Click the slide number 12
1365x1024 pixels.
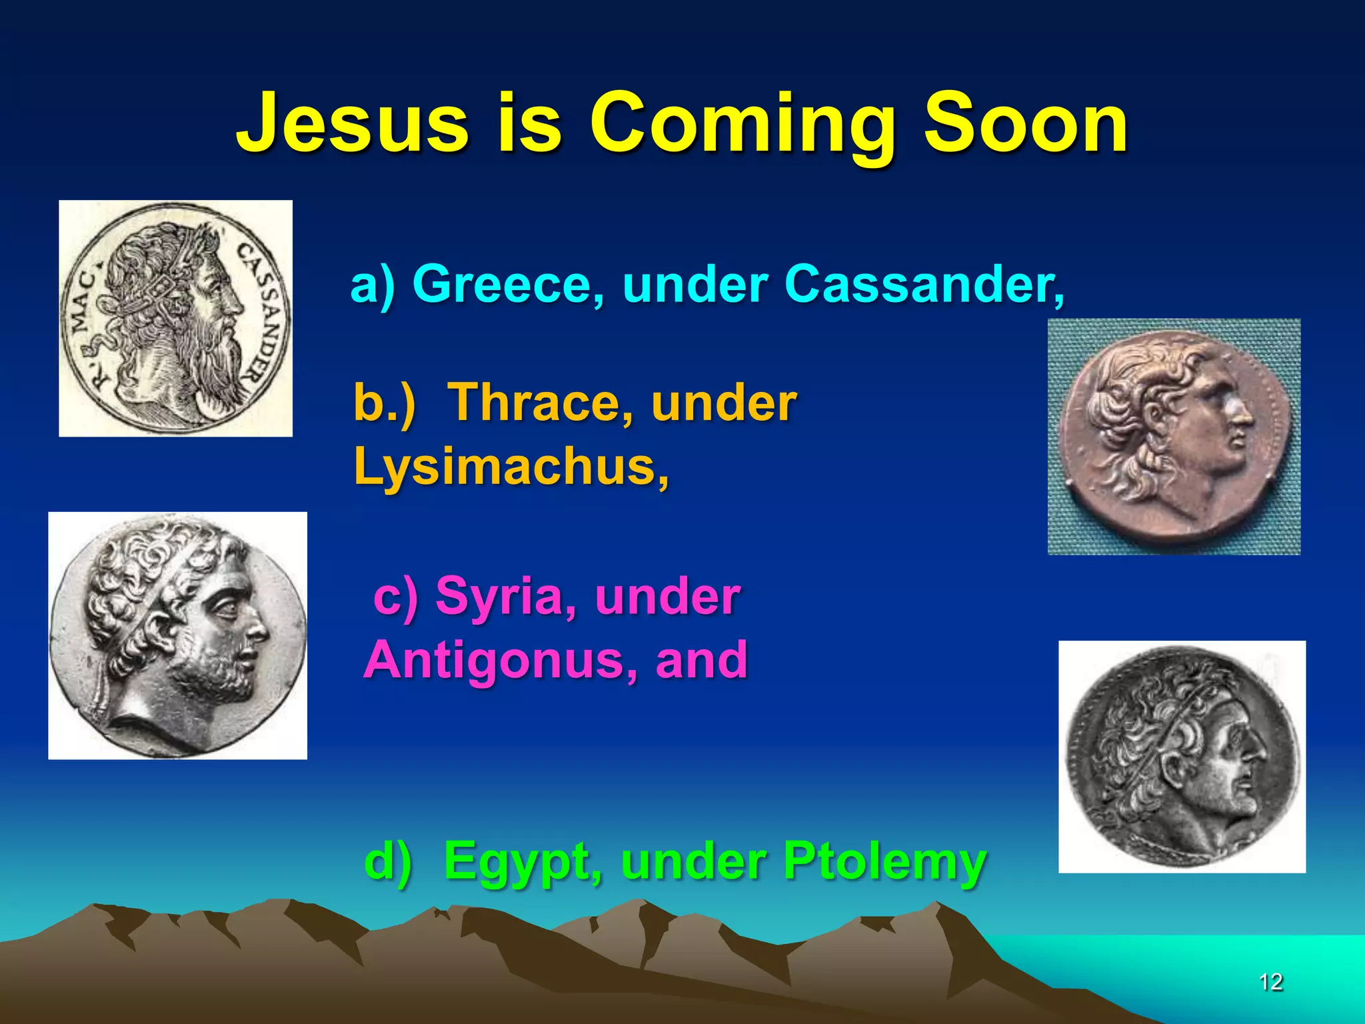tap(1270, 982)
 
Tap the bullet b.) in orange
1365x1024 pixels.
tap(384, 403)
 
